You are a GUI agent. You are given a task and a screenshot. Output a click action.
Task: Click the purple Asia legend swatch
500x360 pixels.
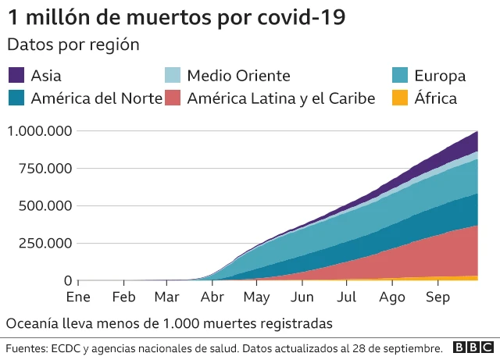[16, 76]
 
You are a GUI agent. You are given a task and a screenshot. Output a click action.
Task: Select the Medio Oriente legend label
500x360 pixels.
[238, 76]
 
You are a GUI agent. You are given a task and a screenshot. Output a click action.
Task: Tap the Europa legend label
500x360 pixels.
[439, 76]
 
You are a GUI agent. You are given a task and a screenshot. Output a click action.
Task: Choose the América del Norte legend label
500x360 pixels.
[96, 98]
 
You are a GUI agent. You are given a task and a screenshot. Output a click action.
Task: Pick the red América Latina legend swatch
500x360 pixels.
[173, 98]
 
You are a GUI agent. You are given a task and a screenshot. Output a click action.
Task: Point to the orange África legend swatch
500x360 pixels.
[398, 98]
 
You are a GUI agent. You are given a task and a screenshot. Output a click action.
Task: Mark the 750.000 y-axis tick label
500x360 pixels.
[45, 169]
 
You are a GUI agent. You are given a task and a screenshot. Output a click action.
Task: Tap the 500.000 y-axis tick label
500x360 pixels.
[45, 206]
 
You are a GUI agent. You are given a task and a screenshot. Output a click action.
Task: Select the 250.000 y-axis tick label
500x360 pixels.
[45, 244]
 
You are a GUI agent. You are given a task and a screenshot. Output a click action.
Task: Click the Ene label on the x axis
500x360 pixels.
[78, 298]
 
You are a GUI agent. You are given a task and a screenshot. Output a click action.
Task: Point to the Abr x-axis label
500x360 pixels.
[212, 298]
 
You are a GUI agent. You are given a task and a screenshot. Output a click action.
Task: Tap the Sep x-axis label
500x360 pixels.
[437, 298]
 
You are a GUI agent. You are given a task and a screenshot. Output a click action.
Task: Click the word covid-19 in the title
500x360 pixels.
[300, 16]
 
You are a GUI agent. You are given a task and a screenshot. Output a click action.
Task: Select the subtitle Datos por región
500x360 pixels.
[73, 45]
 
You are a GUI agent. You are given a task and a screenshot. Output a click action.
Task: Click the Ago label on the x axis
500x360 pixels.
[392, 298]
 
